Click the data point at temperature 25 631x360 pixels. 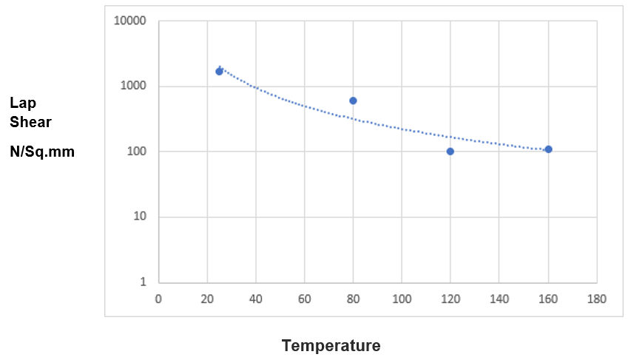point(219,71)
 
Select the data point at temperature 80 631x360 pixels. point(353,101)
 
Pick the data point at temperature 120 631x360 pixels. point(450,152)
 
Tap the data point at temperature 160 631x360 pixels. point(548,149)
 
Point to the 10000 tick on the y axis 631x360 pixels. point(130,21)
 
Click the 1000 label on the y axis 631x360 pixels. point(133,86)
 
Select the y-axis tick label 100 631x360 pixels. point(136,152)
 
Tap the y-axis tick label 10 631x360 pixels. point(139,217)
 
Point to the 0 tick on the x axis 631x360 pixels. point(158,299)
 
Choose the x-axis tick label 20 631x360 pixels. point(207,299)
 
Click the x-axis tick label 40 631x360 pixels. point(256,299)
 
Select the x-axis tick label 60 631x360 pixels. point(305,299)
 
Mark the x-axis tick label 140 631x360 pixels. point(499,299)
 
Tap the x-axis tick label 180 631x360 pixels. point(596,299)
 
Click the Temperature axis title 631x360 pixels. point(331,345)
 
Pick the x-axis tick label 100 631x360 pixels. point(401,299)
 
